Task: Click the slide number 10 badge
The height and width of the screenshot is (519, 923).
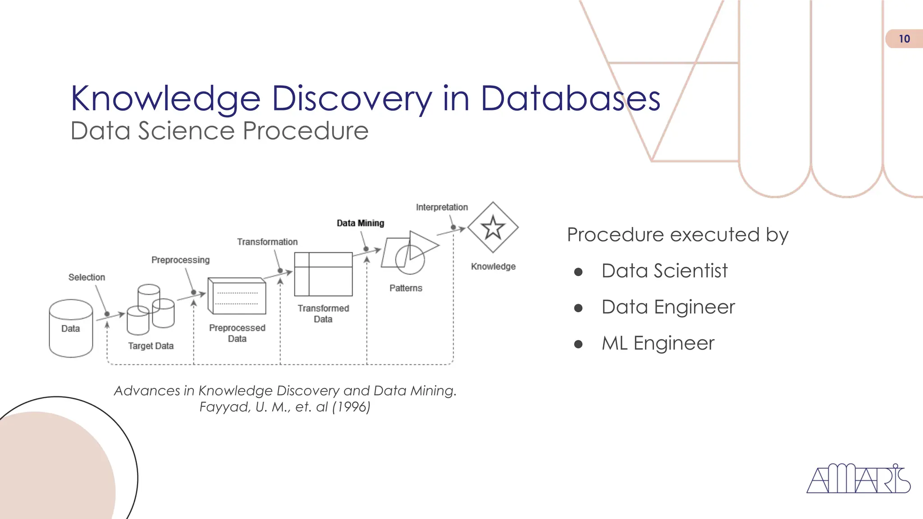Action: tap(904, 39)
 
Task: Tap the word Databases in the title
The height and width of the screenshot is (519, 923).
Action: tap(570, 99)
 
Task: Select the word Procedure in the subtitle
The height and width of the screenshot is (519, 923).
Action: tap(306, 131)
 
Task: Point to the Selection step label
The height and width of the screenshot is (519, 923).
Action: tap(87, 277)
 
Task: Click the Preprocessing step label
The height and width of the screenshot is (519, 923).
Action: tap(180, 260)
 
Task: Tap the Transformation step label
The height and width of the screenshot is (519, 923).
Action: tap(267, 242)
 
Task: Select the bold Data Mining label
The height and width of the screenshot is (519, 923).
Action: tap(361, 223)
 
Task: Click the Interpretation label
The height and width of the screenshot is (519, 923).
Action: tap(442, 207)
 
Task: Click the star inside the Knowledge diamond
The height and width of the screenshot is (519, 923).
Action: tap(493, 227)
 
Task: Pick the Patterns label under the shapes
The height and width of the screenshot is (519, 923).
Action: tap(406, 288)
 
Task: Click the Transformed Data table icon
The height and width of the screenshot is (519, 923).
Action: tap(323, 274)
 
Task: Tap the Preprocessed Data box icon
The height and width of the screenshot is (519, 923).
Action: tap(237, 296)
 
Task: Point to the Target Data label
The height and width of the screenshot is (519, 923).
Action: tap(151, 346)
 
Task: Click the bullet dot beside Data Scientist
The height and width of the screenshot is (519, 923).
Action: tap(579, 272)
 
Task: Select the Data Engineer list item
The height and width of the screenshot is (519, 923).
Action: tap(668, 307)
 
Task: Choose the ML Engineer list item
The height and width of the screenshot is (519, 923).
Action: tap(658, 343)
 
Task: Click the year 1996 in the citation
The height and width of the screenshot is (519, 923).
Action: tap(351, 407)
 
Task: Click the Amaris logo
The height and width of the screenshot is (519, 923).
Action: tap(858, 479)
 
